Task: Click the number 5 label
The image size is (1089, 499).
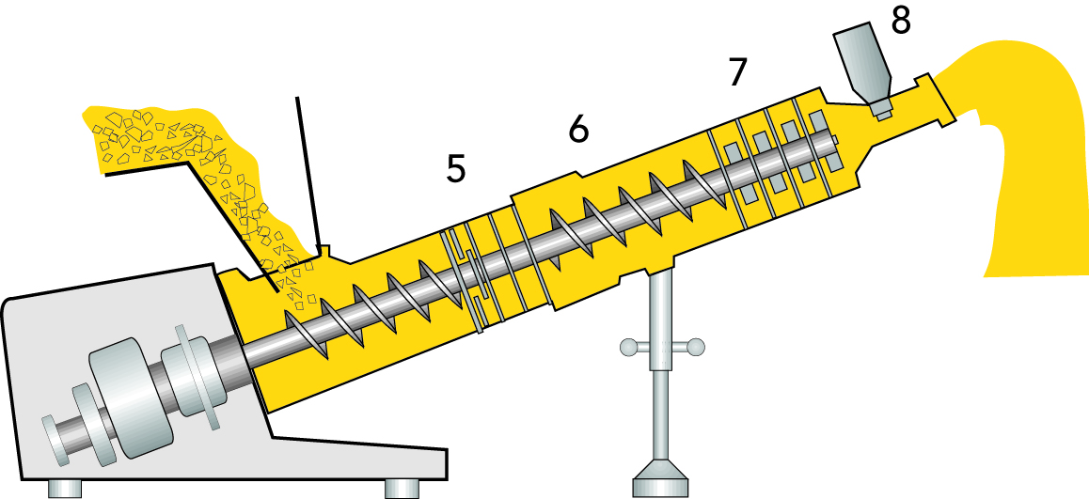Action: point(456,169)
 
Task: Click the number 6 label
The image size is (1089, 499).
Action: point(579,130)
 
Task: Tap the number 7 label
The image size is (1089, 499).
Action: point(740,72)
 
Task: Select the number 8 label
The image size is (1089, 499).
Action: point(900,21)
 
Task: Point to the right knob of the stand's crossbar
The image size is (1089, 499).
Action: point(696,348)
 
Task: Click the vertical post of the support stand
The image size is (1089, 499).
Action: point(662,376)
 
